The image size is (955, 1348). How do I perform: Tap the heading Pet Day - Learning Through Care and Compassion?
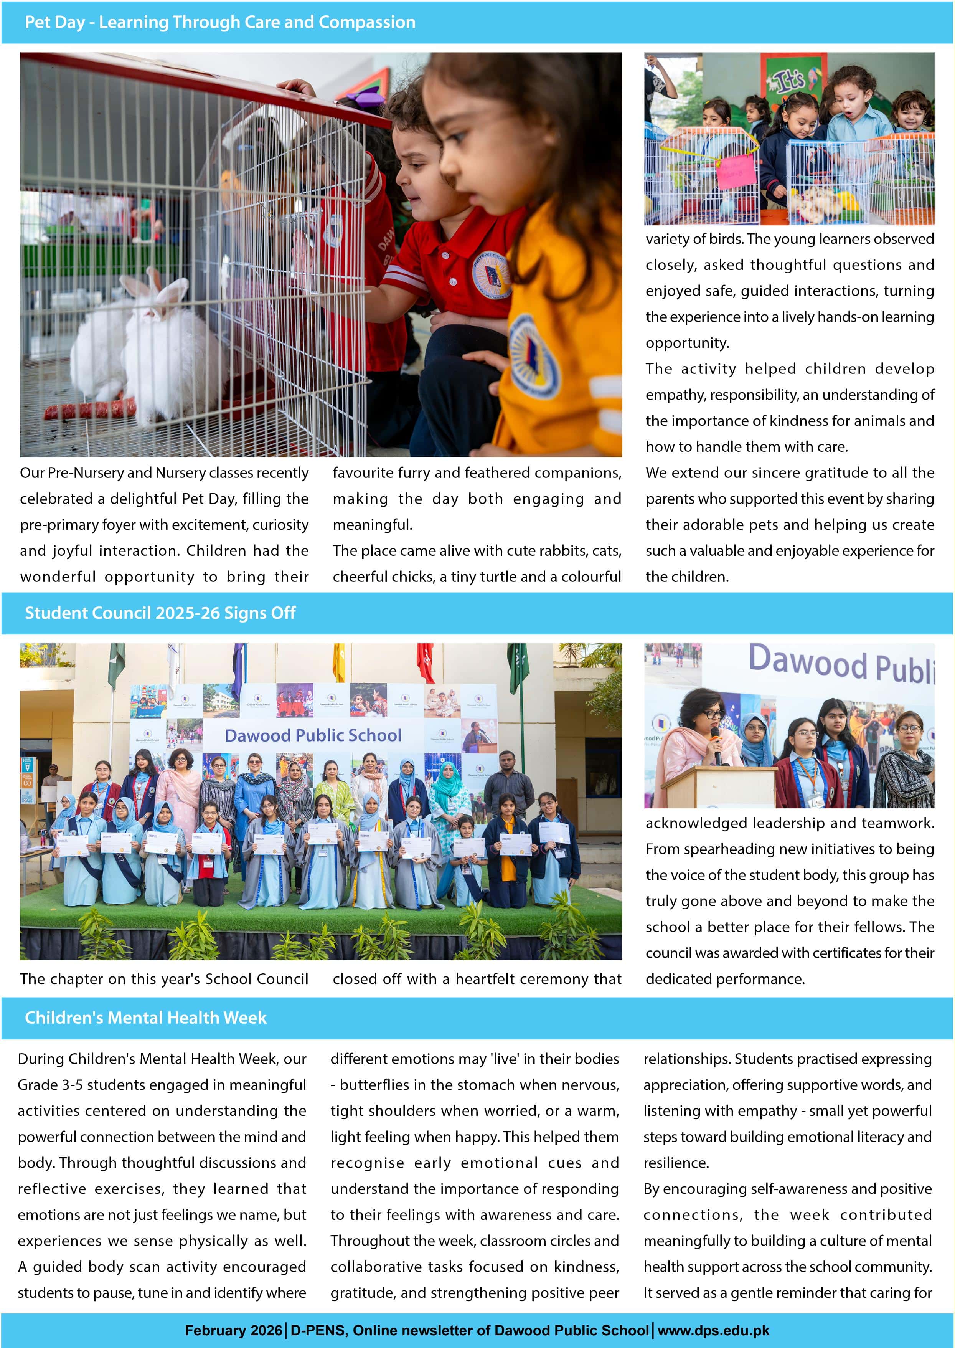tap(220, 22)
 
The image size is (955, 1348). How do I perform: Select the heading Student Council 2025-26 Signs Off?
tap(160, 613)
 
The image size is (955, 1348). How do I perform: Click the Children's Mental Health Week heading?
tap(145, 1018)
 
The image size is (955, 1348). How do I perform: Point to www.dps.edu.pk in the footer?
tap(713, 1330)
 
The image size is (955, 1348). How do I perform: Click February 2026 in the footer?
tap(233, 1330)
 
